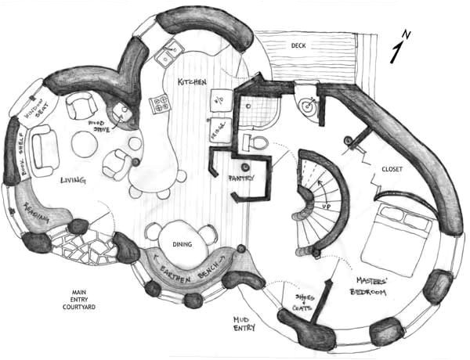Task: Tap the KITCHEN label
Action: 192,82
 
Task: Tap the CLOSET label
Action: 392,169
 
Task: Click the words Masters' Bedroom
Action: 368,286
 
